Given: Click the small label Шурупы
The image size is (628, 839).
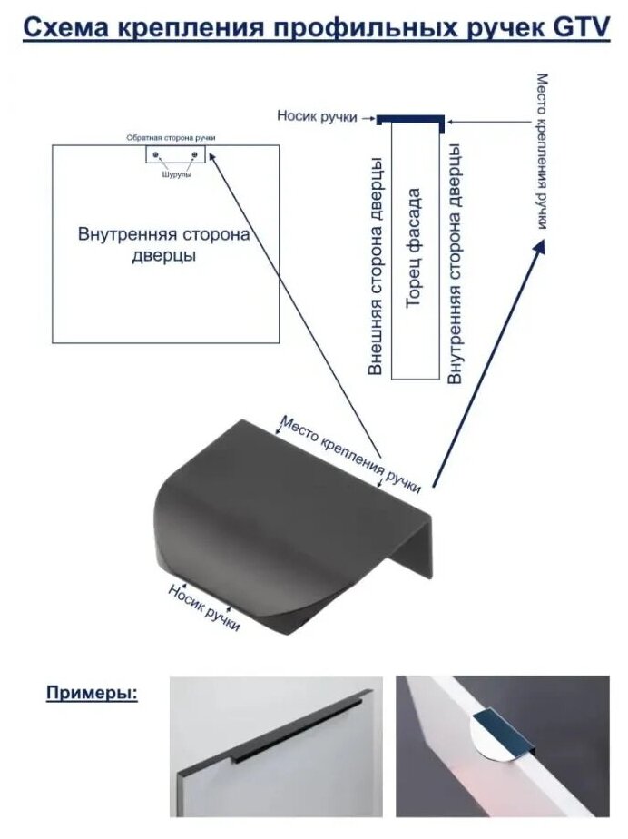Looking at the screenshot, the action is click(x=176, y=173).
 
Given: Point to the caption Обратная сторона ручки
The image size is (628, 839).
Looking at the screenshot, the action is click(x=171, y=138).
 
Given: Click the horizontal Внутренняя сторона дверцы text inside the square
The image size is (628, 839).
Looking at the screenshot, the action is click(x=164, y=244).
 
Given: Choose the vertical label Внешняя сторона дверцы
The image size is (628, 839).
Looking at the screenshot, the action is click(x=374, y=266).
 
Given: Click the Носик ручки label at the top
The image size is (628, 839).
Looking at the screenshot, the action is click(x=317, y=117).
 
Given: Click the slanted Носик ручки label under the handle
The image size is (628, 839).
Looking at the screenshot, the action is click(x=204, y=607).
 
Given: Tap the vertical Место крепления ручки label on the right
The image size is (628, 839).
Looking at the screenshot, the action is click(x=541, y=151).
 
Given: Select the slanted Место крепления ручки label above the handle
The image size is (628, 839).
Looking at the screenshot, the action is click(x=350, y=452).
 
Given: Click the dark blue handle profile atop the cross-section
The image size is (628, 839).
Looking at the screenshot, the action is click(x=410, y=119).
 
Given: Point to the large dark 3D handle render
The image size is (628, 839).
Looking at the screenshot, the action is click(x=281, y=527).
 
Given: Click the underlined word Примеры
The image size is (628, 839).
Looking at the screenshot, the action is click(x=92, y=694).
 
